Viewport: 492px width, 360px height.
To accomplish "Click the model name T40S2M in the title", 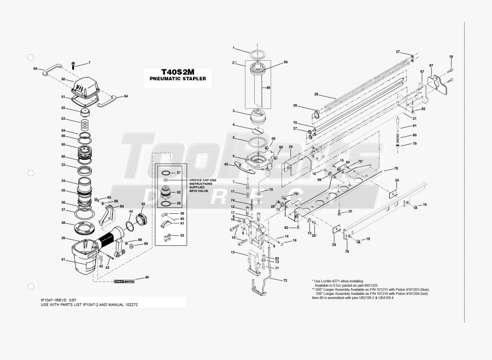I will [178, 72].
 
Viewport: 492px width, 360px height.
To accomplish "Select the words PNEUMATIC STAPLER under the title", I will [178, 79].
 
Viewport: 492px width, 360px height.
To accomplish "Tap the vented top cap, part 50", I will [87, 87].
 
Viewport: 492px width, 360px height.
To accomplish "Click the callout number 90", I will [285, 62].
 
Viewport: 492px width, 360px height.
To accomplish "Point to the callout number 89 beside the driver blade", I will [268, 88].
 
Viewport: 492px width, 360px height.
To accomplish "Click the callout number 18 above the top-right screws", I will [451, 57].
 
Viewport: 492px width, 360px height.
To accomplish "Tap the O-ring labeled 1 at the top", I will [257, 53].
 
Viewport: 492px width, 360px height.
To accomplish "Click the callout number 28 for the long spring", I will [316, 94].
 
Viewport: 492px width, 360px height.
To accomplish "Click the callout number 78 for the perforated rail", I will [396, 168].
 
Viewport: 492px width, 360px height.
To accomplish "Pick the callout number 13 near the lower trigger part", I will [232, 252].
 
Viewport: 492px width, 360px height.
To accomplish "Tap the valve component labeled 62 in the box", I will [165, 193].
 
